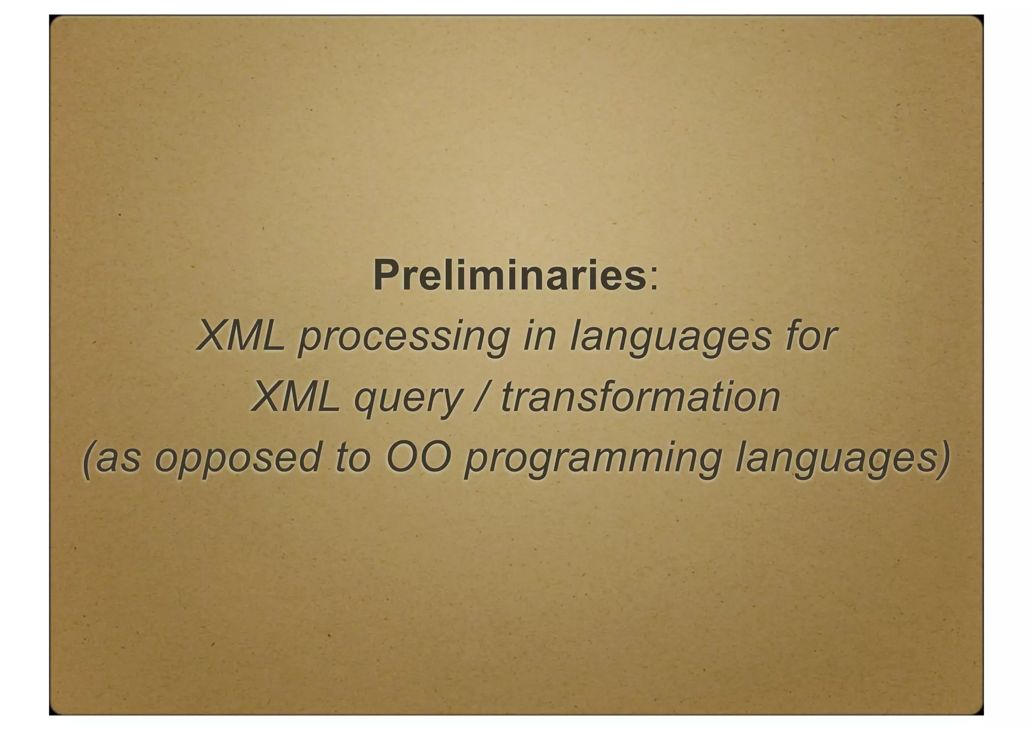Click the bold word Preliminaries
tap(509, 275)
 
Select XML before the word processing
tap(241, 336)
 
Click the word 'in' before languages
tap(540, 336)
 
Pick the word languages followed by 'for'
tap(670, 338)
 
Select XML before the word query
tap(296, 397)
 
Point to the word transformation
tap(640, 397)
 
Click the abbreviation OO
tap(418, 458)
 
